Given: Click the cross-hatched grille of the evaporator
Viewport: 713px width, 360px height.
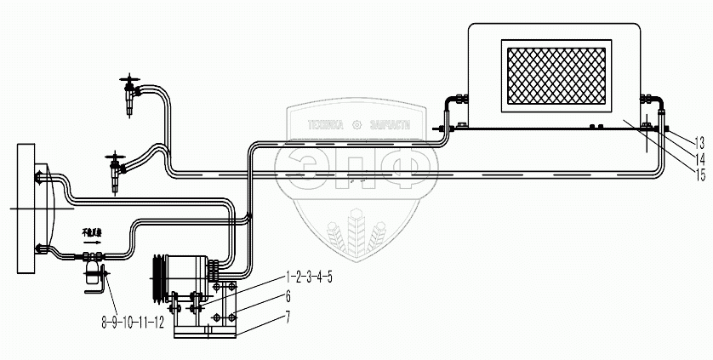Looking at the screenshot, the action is click(x=557, y=76).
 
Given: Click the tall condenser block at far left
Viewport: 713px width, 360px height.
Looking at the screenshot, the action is click(x=25, y=208).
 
